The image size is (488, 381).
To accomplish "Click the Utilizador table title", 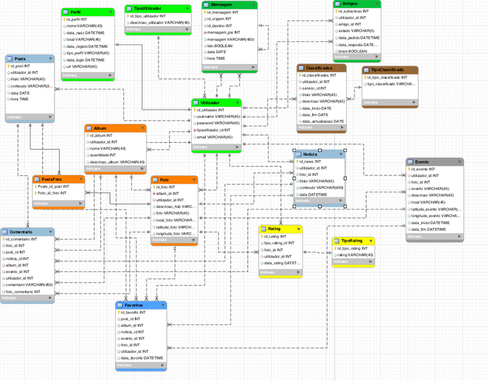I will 210,102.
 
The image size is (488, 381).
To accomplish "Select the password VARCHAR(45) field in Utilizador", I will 217,123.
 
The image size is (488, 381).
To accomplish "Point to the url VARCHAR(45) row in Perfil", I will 81,67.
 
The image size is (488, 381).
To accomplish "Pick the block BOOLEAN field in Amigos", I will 353,51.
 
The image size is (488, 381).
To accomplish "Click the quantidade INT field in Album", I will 103,155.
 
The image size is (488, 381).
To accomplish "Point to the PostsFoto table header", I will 52,180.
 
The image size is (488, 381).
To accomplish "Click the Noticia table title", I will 310,154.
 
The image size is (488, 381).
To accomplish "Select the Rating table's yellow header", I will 274,229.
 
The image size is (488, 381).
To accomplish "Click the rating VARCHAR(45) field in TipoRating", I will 355,255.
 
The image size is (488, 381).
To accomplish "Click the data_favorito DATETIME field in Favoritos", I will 141,358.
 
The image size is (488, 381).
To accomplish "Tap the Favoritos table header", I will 134,305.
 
